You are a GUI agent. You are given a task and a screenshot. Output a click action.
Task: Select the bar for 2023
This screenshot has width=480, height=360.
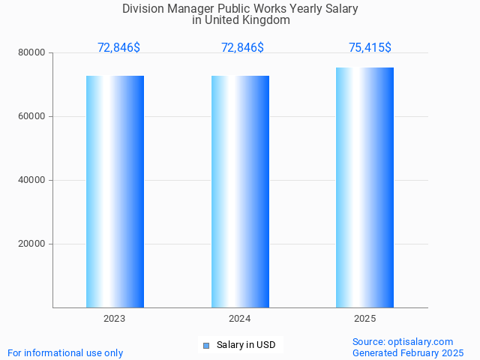click(115, 191)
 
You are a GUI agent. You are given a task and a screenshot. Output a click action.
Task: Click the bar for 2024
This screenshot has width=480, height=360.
click(240, 191)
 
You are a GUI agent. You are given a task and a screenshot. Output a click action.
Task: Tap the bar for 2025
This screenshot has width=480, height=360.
click(364, 187)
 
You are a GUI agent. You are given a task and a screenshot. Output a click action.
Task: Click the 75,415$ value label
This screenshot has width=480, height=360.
click(370, 48)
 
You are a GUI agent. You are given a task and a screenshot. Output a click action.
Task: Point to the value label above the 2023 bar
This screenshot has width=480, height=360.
click(118, 48)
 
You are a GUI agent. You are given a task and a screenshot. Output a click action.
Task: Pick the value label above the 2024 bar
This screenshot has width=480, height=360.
click(242, 48)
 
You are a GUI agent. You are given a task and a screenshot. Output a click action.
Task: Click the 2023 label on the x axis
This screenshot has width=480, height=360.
click(115, 319)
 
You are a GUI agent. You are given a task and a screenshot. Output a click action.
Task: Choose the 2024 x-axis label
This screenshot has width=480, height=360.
click(240, 319)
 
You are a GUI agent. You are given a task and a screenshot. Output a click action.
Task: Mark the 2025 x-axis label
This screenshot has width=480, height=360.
click(364, 319)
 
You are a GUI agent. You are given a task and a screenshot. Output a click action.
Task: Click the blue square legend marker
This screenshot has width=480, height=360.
click(206, 346)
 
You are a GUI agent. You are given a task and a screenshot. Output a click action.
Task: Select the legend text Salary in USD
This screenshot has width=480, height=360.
click(246, 346)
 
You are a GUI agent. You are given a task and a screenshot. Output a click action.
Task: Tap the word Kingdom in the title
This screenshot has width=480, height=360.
click(267, 20)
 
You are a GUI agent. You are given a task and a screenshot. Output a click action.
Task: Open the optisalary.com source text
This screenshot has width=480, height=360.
click(403, 341)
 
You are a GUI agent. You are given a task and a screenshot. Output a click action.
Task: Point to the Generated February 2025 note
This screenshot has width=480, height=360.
click(408, 352)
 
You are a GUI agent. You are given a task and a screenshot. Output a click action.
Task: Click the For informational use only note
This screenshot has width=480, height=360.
click(65, 352)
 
